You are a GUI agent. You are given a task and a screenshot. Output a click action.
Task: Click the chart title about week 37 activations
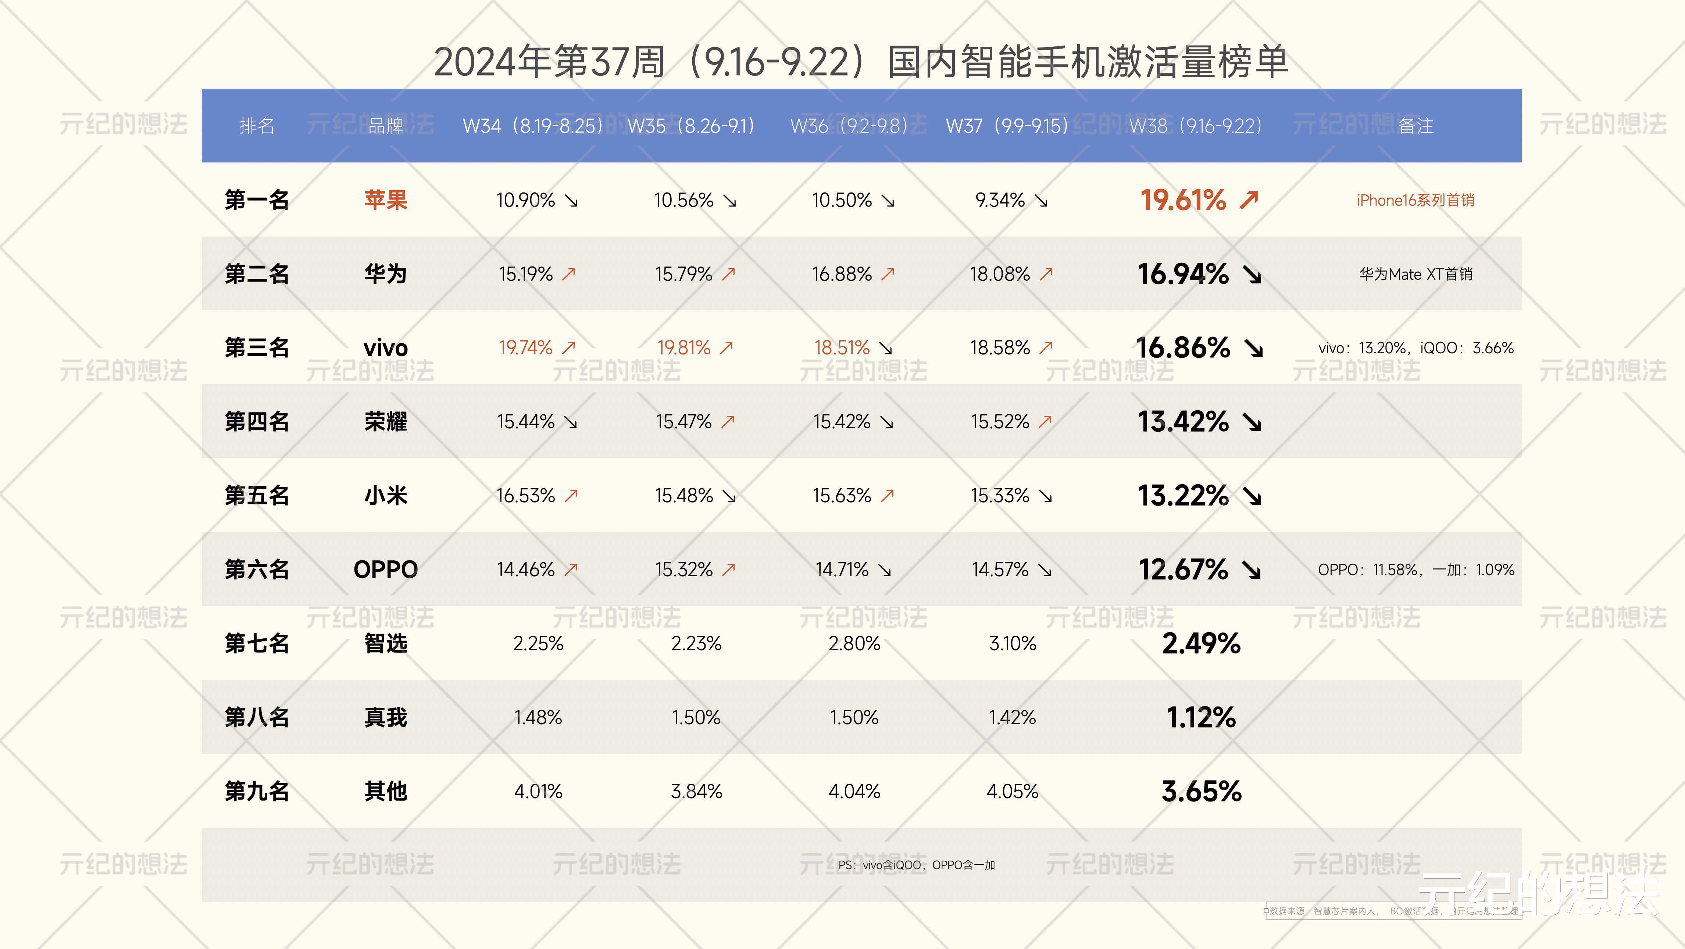pyautogui.click(x=861, y=62)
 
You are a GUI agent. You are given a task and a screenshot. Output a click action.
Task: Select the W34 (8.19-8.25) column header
pyautogui.click(x=532, y=125)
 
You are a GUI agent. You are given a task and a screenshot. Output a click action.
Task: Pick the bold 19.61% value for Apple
pyautogui.click(x=1183, y=199)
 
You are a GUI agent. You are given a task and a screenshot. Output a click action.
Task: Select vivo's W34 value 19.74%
pyautogui.click(x=525, y=347)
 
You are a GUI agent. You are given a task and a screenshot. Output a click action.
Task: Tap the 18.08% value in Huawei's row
pyautogui.click(x=999, y=273)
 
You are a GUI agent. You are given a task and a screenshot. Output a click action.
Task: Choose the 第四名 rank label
pyautogui.click(x=257, y=421)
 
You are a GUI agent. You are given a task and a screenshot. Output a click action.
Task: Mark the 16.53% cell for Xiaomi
pyautogui.click(x=525, y=495)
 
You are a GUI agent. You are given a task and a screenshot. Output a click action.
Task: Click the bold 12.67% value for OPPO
pyautogui.click(x=1183, y=569)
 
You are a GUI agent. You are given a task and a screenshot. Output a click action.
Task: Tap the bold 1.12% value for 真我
pyautogui.click(x=1201, y=717)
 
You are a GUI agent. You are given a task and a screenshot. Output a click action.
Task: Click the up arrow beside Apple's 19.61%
pyautogui.click(x=1249, y=199)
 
